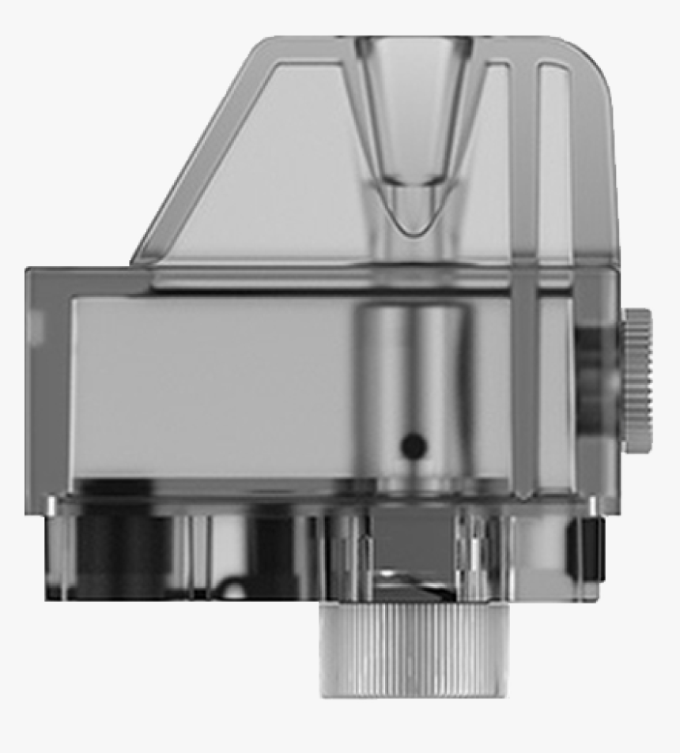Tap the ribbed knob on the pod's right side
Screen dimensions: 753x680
pos(637,380)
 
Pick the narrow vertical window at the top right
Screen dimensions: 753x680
pos(554,158)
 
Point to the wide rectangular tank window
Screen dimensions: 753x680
pos(213,387)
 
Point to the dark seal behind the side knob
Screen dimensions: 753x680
pos(597,379)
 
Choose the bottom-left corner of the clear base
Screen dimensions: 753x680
pos(49,597)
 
